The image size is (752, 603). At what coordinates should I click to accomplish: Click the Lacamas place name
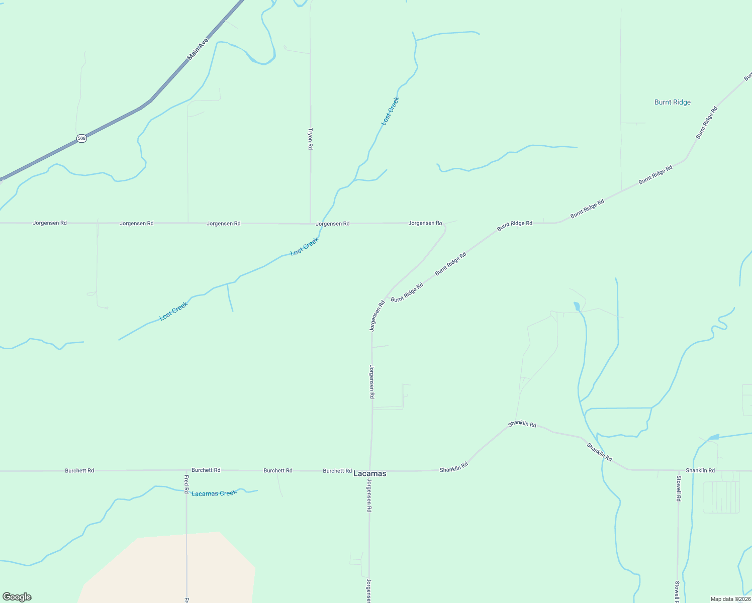point(370,474)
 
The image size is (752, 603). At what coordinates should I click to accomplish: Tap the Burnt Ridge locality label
point(672,103)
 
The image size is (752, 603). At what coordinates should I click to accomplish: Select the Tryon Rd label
point(310,139)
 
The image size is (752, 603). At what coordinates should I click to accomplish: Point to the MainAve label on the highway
point(197,49)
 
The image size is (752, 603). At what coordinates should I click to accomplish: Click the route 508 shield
point(81,138)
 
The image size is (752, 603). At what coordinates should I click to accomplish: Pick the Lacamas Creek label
point(214,493)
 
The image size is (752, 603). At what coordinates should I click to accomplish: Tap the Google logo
point(17,597)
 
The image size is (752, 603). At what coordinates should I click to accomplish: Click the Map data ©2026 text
point(730,599)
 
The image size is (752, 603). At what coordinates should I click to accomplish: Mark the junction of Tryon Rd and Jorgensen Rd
point(310,223)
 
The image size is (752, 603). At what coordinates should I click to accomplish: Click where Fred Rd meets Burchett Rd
point(186,470)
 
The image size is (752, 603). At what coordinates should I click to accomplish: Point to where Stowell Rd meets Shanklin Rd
point(678,471)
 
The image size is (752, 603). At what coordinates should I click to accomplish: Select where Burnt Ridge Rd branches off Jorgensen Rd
point(386,300)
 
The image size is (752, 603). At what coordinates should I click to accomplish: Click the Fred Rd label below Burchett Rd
point(186,483)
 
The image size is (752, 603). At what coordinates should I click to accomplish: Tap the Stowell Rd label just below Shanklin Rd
point(678,488)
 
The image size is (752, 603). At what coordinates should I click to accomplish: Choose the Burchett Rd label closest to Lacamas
point(337,471)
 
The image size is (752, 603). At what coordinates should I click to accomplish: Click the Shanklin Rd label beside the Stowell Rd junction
point(700,471)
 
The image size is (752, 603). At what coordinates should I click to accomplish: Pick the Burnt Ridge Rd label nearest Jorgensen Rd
point(407,292)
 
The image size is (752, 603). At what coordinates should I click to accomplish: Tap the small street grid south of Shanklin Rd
point(721,497)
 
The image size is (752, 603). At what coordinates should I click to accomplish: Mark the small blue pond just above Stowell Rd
point(713,437)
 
